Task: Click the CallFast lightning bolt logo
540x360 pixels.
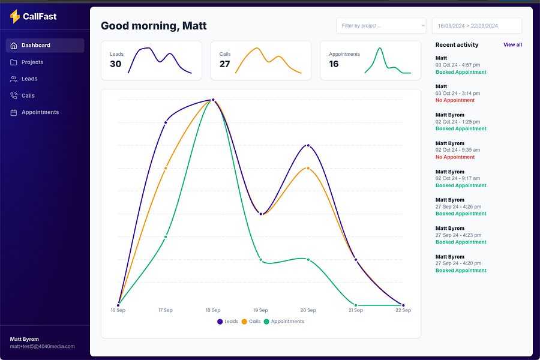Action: point(15,17)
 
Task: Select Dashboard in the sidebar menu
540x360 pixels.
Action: point(36,46)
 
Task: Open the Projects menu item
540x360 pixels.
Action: point(32,62)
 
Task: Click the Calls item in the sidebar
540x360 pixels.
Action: point(28,96)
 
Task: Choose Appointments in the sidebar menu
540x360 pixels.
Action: point(40,113)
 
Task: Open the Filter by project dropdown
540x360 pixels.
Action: point(381,26)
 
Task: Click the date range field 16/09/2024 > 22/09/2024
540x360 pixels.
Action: point(476,26)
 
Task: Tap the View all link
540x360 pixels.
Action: point(512,45)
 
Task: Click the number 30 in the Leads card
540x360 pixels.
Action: point(116,64)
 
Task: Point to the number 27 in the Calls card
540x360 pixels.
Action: point(225,64)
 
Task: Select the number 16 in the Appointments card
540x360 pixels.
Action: point(334,64)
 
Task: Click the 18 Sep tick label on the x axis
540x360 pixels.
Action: point(213,311)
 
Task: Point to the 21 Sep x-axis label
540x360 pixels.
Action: point(356,311)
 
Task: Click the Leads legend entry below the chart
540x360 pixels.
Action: point(227,322)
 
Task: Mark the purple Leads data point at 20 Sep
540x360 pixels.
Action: point(308,145)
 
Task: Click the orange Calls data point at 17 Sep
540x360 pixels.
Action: point(166,168)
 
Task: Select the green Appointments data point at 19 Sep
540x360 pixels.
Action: point(260,259)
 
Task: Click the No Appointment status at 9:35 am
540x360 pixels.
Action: point(455,157)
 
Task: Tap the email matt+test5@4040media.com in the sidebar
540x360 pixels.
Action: point(43,347)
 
